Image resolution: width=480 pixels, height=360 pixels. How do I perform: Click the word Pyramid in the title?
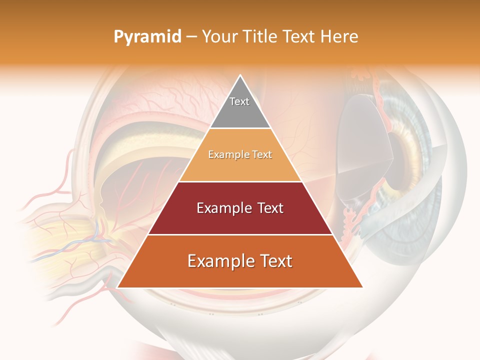point(147,36)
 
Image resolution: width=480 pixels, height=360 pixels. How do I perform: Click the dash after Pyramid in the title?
point(191,37)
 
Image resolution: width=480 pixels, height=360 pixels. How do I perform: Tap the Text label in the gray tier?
point(239,101)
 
